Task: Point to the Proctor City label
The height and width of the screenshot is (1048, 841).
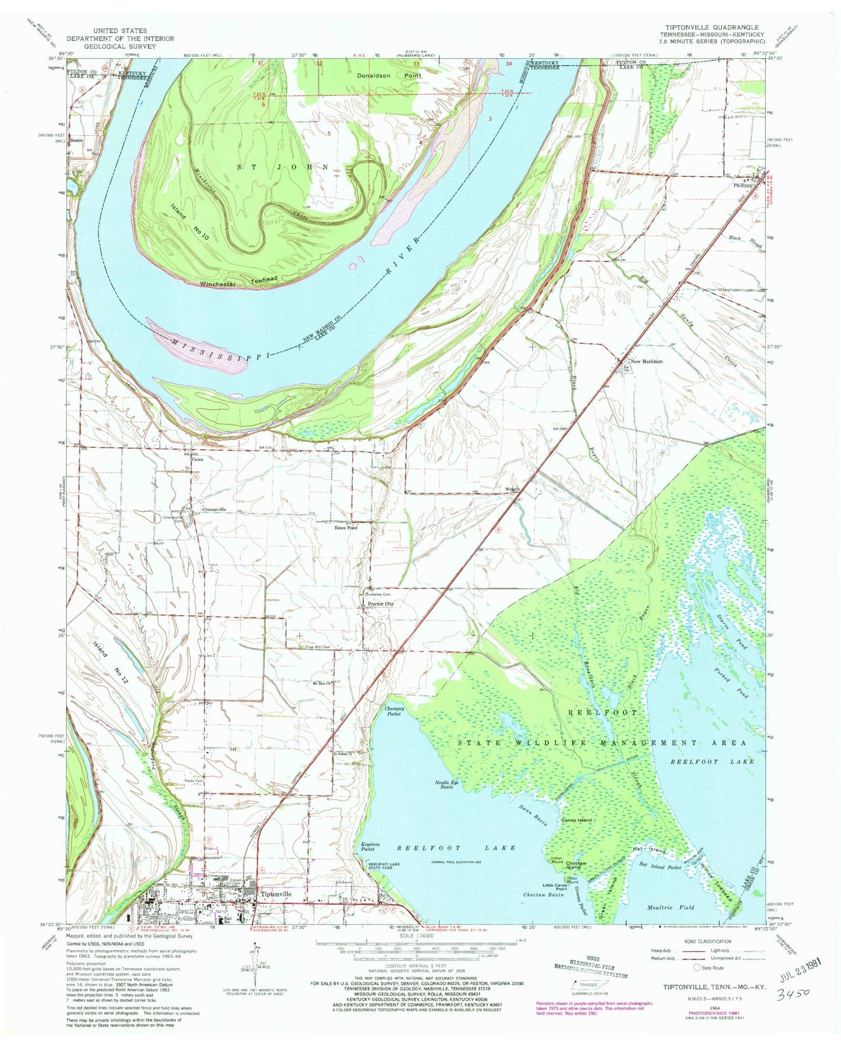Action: [381, 604]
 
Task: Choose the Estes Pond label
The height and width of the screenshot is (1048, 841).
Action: [345, 528]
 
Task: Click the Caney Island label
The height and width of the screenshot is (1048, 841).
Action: [576, 820]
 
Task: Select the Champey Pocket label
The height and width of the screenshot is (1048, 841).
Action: [394, 711]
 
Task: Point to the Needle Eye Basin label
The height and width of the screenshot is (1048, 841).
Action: [447, 784]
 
